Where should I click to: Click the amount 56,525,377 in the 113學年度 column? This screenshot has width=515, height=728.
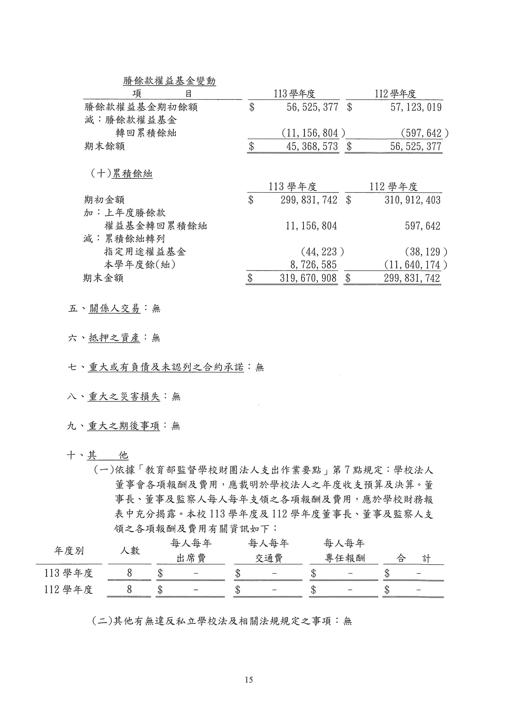tap(312, 107)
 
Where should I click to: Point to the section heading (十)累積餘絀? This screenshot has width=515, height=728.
tap(121, 174)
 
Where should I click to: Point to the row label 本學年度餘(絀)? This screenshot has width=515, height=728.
tap(140, 265)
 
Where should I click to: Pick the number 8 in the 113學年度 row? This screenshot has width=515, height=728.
tap(129, 573)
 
